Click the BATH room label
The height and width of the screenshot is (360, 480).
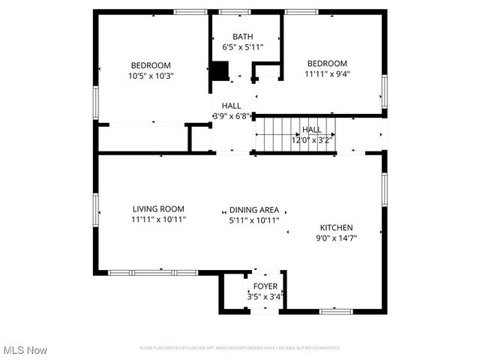point(242,36)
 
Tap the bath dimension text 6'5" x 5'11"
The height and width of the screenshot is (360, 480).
point(242,46)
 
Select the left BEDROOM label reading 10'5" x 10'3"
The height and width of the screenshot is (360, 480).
point(151,65)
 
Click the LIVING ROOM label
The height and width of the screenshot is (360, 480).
point(158,209)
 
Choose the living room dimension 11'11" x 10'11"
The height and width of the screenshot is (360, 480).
point(158,220)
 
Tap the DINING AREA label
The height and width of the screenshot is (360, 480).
point(254,210)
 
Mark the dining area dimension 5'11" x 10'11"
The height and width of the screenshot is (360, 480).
point(254,220)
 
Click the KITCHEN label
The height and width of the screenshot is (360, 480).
point(336,227)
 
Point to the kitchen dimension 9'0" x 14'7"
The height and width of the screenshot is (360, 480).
point(336,238)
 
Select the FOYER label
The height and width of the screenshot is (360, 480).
point(265,286)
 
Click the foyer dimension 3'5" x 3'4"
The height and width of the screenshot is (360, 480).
point(265,297)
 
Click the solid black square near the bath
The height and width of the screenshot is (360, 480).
point(218,70)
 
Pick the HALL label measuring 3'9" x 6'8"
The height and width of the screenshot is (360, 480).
point(231,106)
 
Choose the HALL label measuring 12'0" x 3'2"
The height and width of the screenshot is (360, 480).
point(311,130)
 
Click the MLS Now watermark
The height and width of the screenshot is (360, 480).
point(25,350)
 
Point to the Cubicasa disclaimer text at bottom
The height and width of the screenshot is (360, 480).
point(240,348)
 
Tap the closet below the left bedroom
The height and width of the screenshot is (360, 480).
point(142,138)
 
